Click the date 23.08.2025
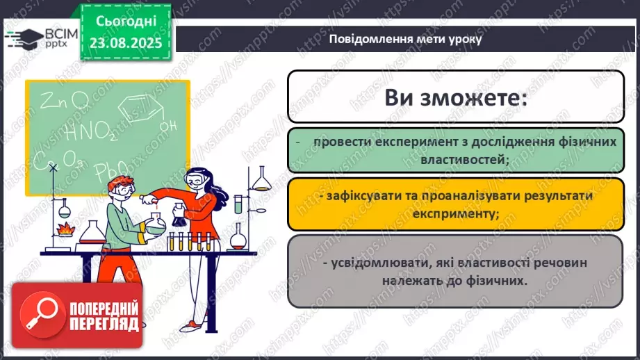pyautogui.click(x=126, y=43)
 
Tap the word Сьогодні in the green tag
pyautogui.click(x=126, y=22)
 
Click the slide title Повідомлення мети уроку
pyautogui.click(x=405, y=39)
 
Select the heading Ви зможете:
pyautogui.click(x=456, y=97)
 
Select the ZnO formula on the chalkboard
pyautogui.click(x=64, y=100)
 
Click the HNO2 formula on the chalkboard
pyautogui.click(x=90, y=132)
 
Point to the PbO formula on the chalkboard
pyautogui.click(x=111, y=170)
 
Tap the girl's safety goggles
pyautogui.click(x=196, y=179)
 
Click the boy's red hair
pyautogui.click(x=120, y=183)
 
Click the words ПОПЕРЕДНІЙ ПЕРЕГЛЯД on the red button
pyautogui.click(x=104, y=316)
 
